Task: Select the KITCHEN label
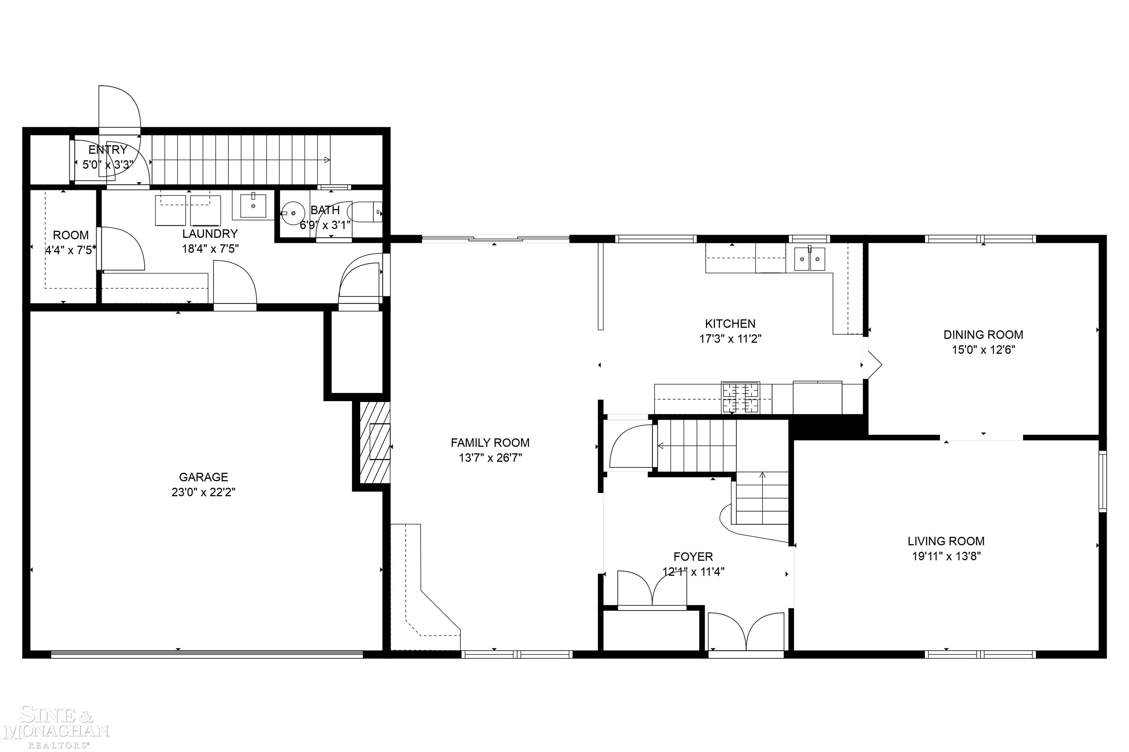[730, 324]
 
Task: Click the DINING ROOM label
[983, 335]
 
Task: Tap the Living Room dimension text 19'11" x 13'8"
[946, 556]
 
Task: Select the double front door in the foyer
[746, 633]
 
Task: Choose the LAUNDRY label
[210, 234]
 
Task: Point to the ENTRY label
[107, 150]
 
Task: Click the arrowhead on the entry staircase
[327, 160]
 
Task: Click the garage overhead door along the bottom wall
[206, 654]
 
